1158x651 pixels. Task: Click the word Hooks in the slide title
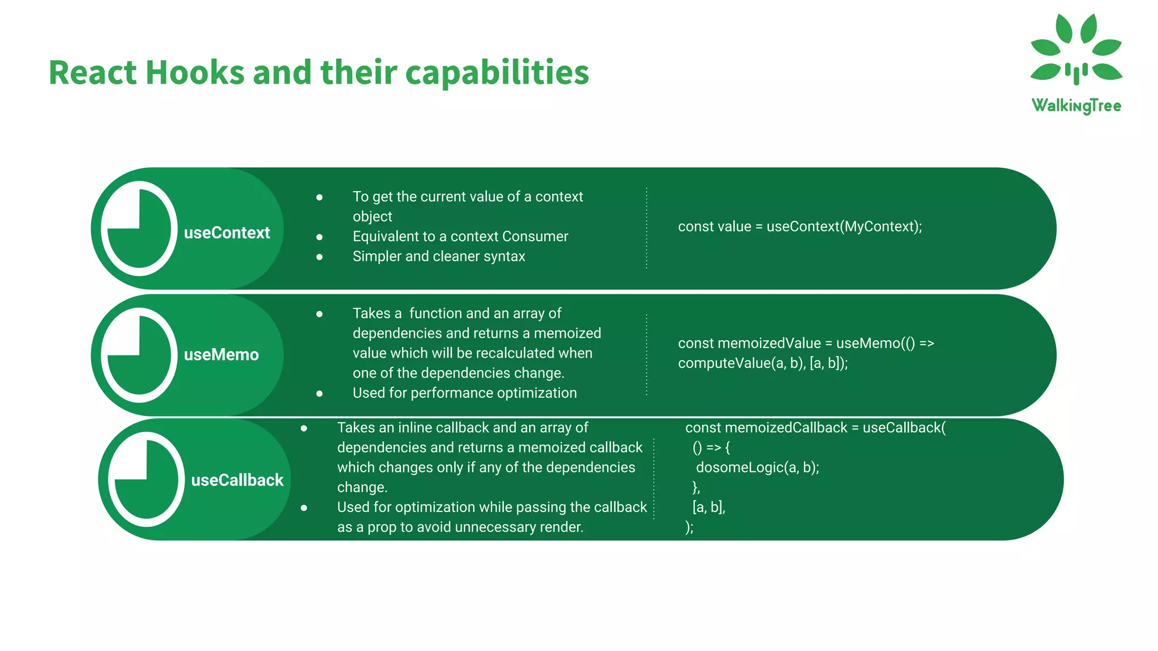point(195,73)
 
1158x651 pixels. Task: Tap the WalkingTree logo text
point(1076,106)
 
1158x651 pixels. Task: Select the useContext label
point(227,233)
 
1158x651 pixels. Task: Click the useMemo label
point(221,355)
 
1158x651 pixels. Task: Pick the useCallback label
point(237,480)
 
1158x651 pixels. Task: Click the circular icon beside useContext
point(139,229)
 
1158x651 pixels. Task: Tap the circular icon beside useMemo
point(139,355)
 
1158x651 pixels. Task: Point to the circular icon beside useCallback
point(146,480)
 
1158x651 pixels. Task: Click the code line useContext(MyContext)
point(844,227)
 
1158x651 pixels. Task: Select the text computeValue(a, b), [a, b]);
point(763,363)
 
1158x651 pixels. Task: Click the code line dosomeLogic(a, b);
point(757,467)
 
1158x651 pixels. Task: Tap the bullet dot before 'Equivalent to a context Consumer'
point(319,237)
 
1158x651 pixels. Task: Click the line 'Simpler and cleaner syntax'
point(439,257)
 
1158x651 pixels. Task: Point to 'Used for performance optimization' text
point(464,393)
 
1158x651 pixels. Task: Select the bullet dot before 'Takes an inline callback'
point(304,428)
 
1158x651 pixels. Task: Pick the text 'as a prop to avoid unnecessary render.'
point(460,527)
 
